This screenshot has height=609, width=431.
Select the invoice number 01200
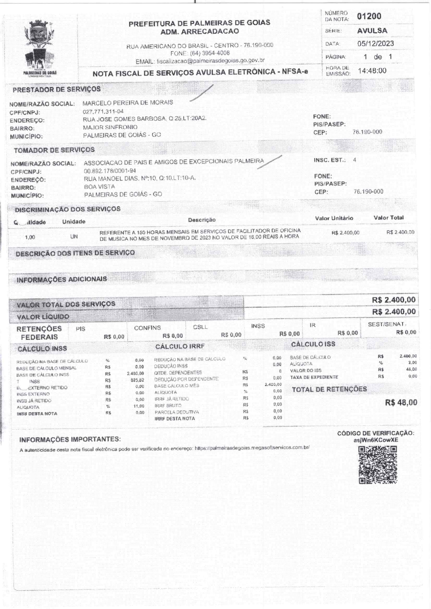tap(369, 16)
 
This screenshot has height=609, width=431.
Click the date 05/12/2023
tap(375, 44)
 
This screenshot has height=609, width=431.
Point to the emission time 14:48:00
tap(372, 71)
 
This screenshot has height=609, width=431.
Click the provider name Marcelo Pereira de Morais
tap(128, 103)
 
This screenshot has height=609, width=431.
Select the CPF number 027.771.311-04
tap(103, 111)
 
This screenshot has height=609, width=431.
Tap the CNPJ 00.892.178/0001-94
tap(110, 171)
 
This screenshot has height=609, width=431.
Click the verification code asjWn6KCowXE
tap(376, 440)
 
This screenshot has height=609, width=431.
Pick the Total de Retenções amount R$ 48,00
tap(401, 403)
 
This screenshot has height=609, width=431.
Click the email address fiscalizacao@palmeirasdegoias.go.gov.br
tap(211, 61)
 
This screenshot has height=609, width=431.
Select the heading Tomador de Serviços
tap(54, 150)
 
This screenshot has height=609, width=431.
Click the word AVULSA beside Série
tap(372, 31)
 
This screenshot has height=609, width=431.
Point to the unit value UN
tap(74, 237)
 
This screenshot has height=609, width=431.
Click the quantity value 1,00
tap(30, 237)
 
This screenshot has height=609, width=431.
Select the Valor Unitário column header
tap(334, 218)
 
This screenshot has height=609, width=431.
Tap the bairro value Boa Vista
tap(99, 186)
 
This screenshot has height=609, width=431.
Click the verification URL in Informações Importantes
tap(252, 448)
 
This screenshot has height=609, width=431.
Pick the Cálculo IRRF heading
tap(180, 346)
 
